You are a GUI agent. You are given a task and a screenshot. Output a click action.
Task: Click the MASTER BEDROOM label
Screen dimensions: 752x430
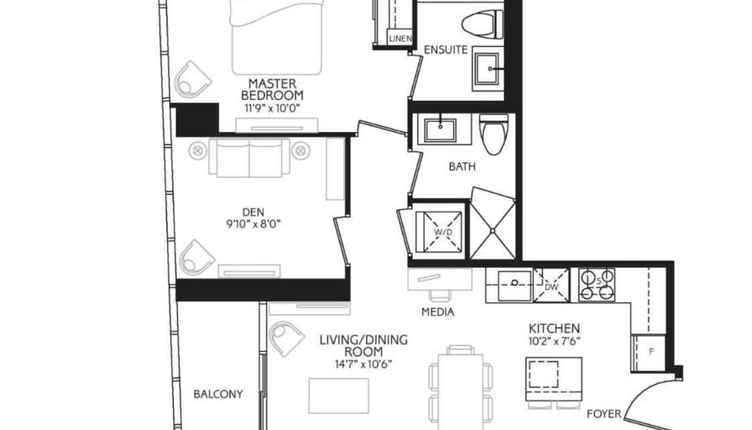[272, 90]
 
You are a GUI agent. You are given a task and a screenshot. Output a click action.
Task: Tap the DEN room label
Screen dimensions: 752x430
[253, 212]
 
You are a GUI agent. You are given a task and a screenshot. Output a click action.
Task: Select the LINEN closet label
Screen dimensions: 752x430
[400, 39]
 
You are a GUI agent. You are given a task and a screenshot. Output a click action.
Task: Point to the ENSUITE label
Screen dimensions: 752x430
[446, 50]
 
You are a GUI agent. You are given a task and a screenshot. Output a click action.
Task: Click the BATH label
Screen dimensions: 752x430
[462, 167]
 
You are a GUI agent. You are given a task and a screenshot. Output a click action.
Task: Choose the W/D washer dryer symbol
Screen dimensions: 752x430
[443, 233]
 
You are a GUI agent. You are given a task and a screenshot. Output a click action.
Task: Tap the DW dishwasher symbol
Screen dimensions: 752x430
[551, 286]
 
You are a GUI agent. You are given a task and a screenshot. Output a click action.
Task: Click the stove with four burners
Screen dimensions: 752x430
[597, 285]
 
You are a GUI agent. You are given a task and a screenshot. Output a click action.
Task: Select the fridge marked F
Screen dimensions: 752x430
[650, 353]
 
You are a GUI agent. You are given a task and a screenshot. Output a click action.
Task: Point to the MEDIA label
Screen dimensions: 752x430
[438, 312]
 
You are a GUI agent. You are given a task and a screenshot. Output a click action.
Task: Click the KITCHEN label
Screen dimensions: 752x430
[554, 328]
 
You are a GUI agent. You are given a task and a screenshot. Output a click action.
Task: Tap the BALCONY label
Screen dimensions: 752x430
[217, 395]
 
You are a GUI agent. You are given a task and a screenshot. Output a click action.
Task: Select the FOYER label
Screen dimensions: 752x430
[603, 414]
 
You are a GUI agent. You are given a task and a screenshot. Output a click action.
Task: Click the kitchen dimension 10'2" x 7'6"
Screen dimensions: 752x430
[554, 342]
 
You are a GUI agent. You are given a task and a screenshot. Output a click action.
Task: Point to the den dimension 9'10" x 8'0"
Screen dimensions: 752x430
[253, 223]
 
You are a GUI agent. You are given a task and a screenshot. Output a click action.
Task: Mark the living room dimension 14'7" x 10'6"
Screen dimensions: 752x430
[363, 364]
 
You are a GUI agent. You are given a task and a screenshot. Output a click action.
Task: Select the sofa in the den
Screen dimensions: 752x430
[249, 157]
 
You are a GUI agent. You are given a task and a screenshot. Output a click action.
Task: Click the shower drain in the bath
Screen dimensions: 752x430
[493, 231]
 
